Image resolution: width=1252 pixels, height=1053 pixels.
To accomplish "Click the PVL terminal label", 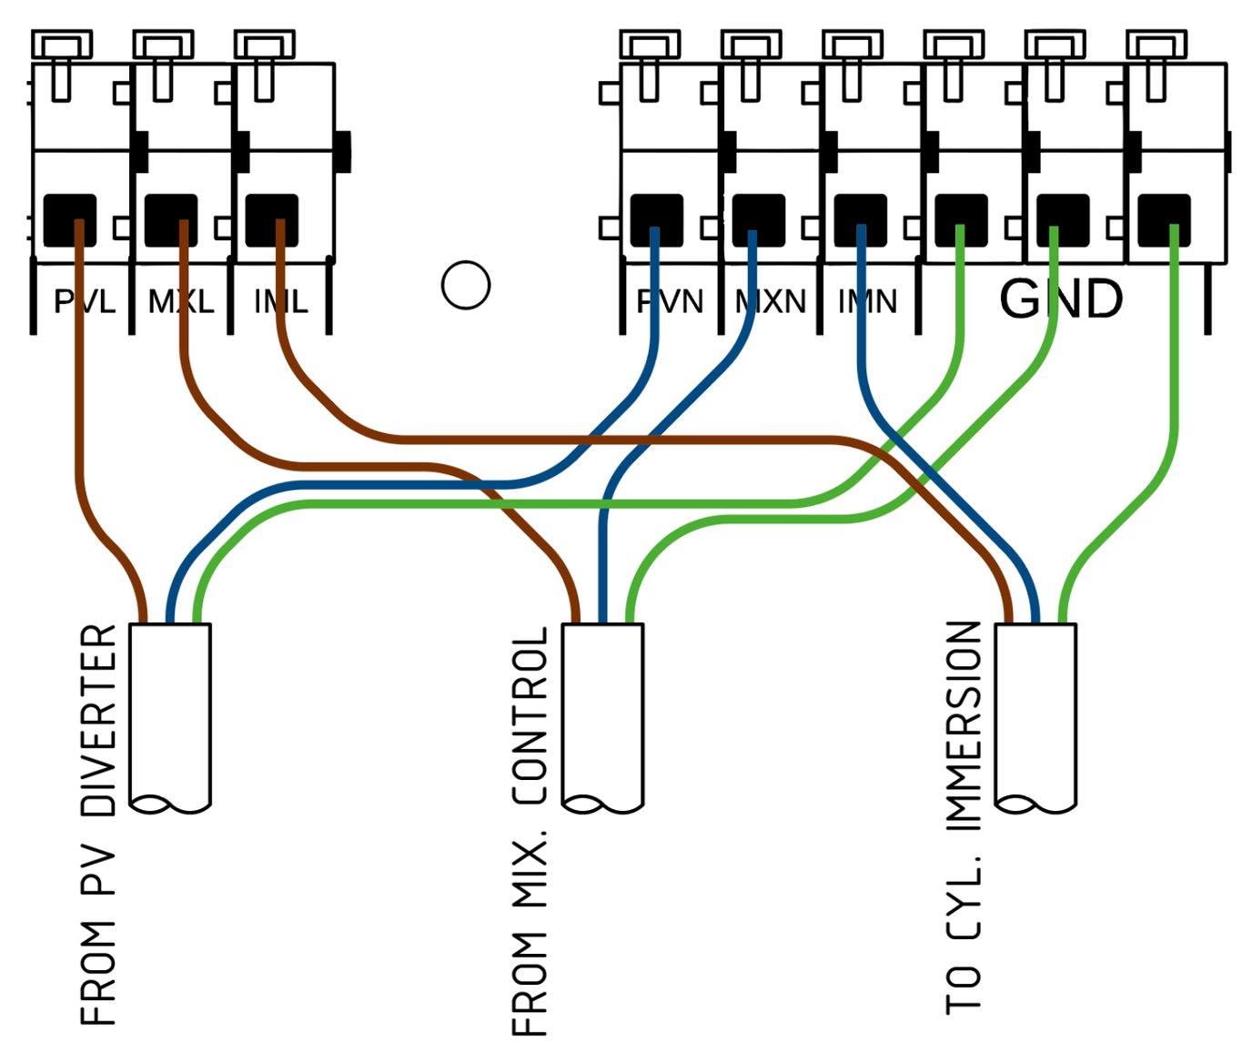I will coord(84,301).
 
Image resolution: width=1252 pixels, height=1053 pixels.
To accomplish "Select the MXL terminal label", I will coord(181,301).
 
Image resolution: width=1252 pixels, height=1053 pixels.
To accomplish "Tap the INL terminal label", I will coord(280,301).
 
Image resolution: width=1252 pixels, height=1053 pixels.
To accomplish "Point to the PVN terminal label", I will coord(670,301).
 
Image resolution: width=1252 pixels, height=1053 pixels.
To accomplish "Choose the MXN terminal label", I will coord(771,301).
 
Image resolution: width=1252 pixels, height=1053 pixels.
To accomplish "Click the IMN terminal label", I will coord(867,301).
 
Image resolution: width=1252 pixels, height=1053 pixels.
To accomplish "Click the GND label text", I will coord(1061,299).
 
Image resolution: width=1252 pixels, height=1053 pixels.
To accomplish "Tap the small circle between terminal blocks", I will coord(466,285).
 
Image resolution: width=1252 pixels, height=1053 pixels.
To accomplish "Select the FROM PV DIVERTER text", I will coord(98,825).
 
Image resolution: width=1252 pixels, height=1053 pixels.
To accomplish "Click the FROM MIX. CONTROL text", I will coord(530,830).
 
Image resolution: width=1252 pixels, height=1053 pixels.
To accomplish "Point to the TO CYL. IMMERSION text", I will coord(964,817).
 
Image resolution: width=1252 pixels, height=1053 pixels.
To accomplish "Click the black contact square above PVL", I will coord(70,219).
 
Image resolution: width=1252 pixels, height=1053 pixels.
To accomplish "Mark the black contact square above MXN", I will coord(758,219).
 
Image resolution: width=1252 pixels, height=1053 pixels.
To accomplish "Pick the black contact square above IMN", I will coord(860,219).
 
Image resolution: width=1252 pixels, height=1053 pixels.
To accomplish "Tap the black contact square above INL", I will coord(272,219).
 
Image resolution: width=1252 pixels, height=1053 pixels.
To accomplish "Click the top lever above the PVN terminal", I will coord(650,44).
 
